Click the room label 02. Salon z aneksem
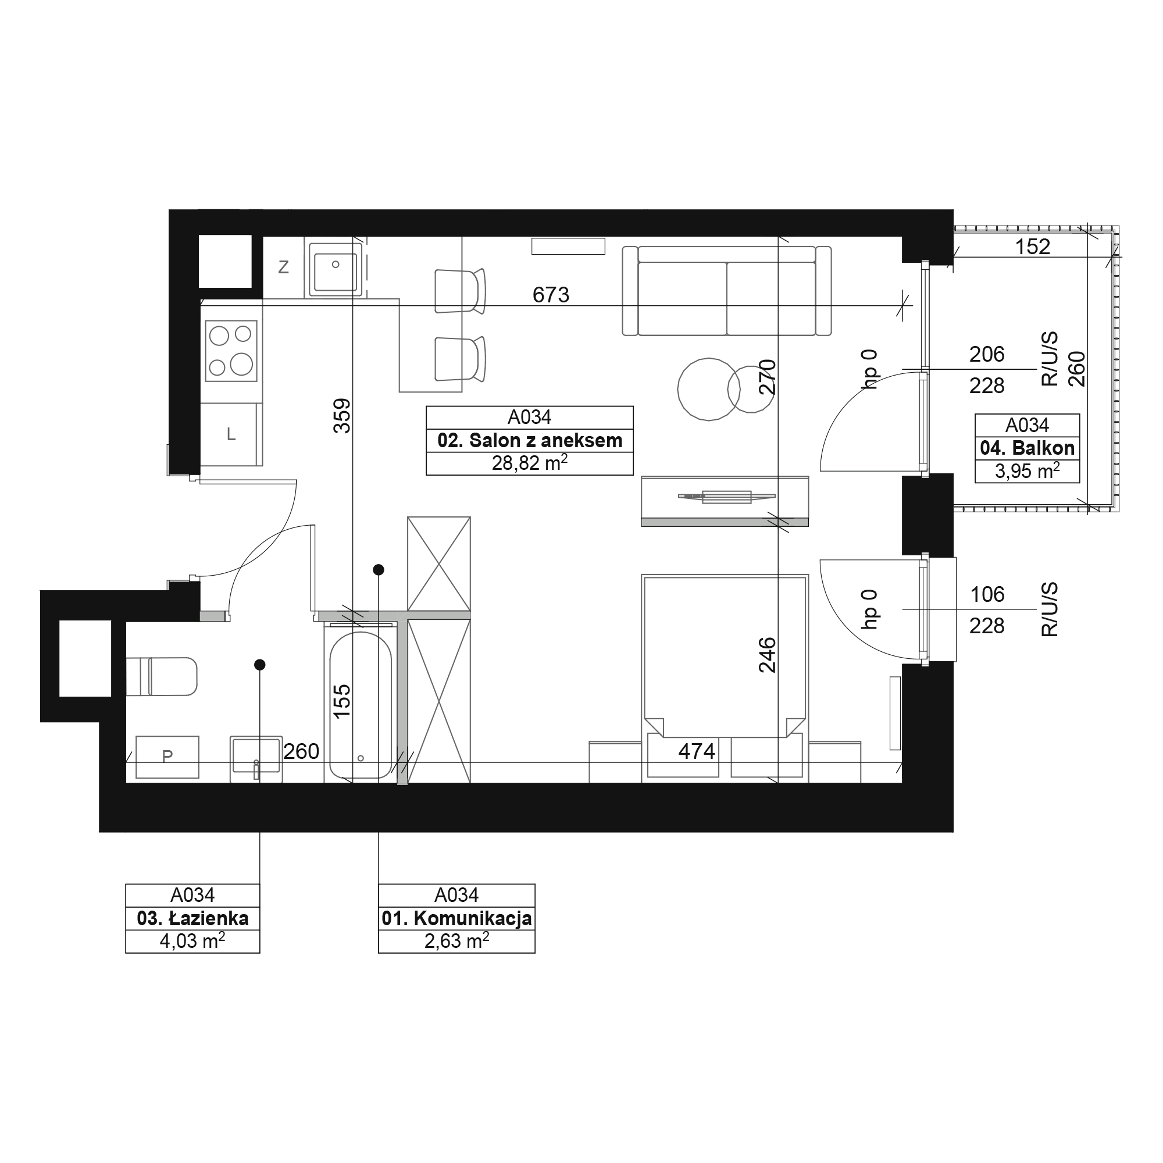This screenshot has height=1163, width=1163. [530, 441]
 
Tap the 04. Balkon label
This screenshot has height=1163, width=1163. [1027, 448]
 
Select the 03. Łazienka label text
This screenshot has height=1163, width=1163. [192, 918]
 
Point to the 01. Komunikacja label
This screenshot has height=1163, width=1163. [456, 919]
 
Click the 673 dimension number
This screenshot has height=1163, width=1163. [551, 294]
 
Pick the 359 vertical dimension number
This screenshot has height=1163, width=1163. [342, 415]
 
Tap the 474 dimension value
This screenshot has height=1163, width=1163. [697, 751]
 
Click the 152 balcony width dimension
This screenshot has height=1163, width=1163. [1032, 247]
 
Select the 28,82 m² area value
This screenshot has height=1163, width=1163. [530, 463]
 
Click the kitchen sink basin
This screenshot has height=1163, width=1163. [336, 267]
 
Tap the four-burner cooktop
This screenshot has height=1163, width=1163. [231, 351]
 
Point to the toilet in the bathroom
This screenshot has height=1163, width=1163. [161, 677]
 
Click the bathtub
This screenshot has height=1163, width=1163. [361, 704]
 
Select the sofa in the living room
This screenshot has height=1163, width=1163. [726, 291]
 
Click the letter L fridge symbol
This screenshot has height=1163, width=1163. [231, 434]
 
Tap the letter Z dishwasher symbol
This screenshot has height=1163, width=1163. [284, 267]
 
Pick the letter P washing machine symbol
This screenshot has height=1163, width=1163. [167, 756]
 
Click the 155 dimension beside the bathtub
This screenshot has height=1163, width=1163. [341, 701]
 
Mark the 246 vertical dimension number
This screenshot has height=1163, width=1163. [768, 655]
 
